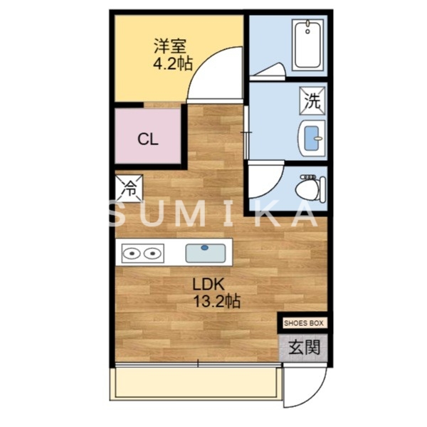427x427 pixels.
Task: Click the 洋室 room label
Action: coord(171,47)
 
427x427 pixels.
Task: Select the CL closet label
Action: coord(148,139)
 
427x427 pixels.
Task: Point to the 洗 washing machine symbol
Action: coord(312,99)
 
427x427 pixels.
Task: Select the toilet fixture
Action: coord(308,187)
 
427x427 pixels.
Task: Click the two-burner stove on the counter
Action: coord(141,252)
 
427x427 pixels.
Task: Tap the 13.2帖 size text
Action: coord(217,301)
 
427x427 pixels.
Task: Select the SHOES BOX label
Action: coord(304,322)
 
